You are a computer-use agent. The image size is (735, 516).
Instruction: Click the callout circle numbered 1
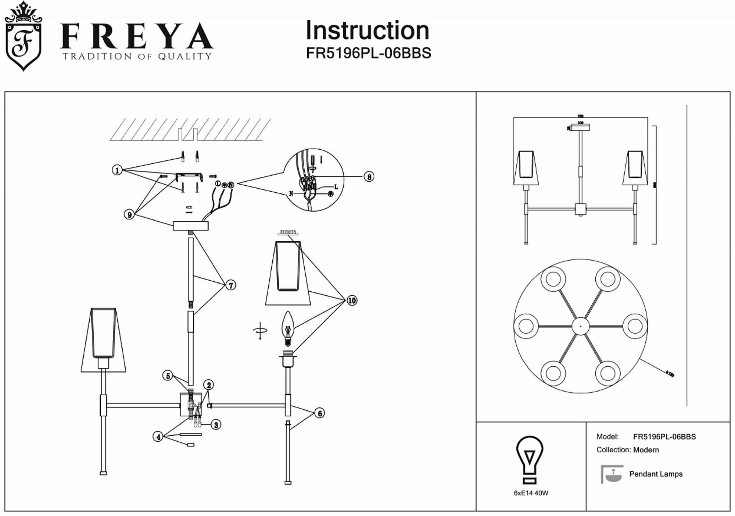117,170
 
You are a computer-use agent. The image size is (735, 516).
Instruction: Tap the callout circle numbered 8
369,177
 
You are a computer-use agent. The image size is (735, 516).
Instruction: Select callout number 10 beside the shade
352,300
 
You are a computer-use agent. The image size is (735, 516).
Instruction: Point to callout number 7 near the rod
230,285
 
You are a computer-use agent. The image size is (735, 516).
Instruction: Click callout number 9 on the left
129,214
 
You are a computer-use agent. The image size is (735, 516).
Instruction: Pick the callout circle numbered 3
216,425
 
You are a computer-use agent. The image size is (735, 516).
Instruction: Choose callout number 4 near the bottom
158,437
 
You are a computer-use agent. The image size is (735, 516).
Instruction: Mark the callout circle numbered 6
320,413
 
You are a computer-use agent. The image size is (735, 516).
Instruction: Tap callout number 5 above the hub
168,376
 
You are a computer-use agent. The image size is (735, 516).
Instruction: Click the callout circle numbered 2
209,385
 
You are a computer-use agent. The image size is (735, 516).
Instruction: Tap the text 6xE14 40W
531,493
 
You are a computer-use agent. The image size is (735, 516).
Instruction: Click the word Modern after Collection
646,450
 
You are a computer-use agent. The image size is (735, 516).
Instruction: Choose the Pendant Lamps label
656,474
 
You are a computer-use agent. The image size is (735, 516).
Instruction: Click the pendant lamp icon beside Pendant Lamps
612,474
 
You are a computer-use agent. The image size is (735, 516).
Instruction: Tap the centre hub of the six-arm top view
580,326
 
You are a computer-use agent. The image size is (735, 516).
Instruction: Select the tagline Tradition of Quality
137,56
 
